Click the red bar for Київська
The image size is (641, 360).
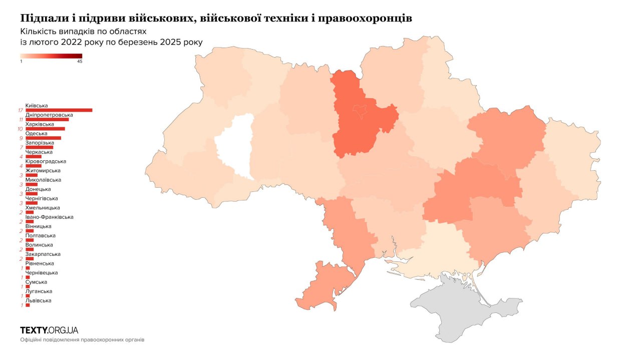point(59,110)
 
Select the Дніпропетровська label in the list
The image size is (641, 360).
point(46,115)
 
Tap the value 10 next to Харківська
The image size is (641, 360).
point(20,129)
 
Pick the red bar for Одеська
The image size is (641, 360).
point(43,138)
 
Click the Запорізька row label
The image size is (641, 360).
point(40,143)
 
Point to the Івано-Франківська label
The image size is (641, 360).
point(49,217)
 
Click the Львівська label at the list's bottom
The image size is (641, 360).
point(38,300)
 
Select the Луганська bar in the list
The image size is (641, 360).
point(28,296)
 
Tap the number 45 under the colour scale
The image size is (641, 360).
point(80,62)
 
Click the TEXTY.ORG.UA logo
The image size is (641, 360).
point(49,330)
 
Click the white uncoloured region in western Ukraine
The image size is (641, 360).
point(234,145)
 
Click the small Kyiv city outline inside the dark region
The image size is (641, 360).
point(360,111)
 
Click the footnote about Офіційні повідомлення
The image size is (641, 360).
point(82,339)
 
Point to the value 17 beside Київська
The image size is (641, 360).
point(20,110)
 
